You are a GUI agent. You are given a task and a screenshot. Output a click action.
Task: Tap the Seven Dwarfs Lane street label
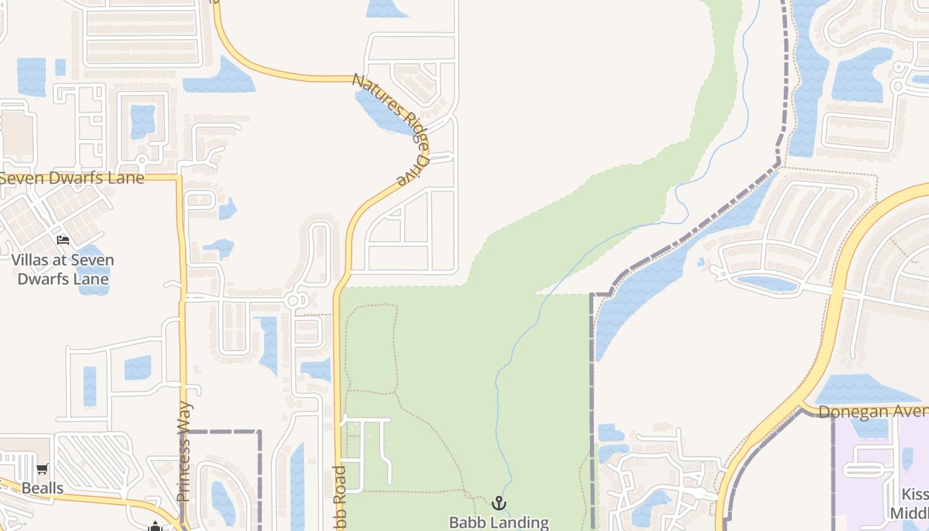(72, 179)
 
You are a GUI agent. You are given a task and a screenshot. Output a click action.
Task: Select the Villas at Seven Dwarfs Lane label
(62, 269)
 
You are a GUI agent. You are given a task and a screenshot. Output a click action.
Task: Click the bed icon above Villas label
(63, 240)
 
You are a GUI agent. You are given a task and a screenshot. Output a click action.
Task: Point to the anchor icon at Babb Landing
(499, 503)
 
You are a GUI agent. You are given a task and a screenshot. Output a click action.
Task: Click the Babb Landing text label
(499, 522)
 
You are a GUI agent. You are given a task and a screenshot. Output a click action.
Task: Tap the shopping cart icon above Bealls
(42, 469)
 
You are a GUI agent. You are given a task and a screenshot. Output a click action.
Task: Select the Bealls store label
(42, 489)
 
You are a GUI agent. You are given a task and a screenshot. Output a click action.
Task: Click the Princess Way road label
(184, 451)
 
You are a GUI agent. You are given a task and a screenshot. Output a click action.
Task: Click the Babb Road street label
(339, 498)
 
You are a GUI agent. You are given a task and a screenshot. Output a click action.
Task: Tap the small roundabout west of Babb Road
(294, 301)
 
